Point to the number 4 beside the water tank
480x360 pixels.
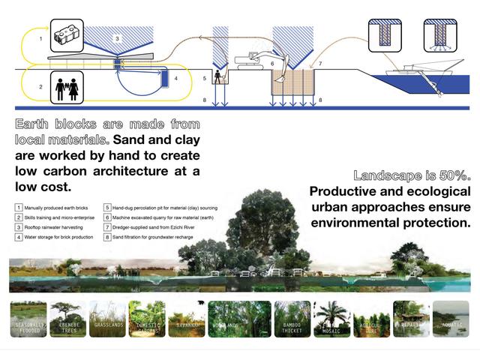click(x=175, y=77)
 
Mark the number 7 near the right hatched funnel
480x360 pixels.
click(x=320, y=65)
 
